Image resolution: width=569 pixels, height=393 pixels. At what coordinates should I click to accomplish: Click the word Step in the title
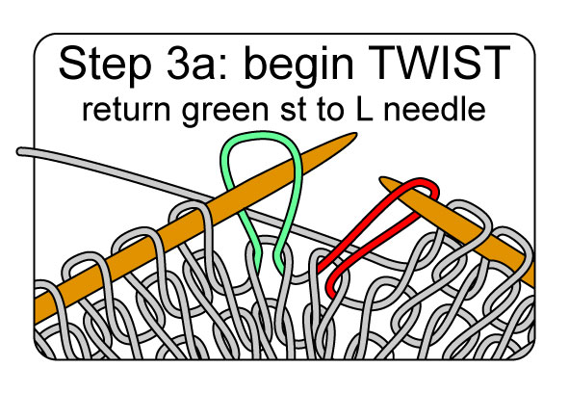105,63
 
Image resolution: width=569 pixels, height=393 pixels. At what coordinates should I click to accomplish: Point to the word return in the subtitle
126,110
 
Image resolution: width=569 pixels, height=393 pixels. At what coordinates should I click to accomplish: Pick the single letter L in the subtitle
363,109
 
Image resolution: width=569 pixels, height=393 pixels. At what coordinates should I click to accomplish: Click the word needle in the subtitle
434,109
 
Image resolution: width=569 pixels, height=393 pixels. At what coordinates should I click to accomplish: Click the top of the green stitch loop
261,134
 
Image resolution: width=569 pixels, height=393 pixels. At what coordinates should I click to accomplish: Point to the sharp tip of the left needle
355,135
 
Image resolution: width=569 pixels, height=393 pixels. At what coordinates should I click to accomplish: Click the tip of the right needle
382,179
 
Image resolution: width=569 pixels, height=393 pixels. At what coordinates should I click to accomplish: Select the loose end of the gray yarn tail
19,151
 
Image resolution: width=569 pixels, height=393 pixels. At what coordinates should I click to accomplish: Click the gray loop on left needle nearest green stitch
191,210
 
